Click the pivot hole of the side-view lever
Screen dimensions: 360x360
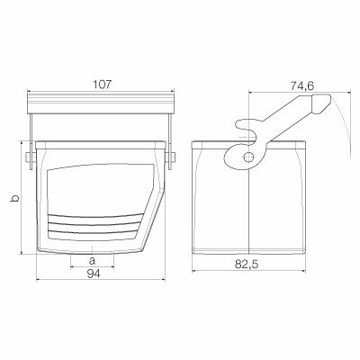247,157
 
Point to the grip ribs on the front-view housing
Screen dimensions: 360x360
93,223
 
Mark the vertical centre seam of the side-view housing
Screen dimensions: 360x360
247,207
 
